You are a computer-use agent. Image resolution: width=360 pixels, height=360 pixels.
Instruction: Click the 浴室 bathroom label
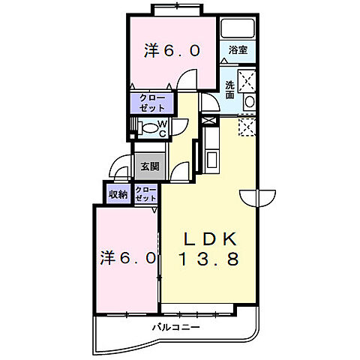[238, 50]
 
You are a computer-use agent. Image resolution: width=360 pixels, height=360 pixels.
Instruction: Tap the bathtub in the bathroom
[238, 28]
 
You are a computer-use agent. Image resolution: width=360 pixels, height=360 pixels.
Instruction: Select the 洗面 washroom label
[229, 90]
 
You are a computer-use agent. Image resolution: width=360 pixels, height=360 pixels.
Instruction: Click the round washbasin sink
[250, 102]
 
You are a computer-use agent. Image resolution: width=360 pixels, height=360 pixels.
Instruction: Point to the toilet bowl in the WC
[149, 128]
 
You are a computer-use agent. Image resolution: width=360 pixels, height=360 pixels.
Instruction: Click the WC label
[163, 129]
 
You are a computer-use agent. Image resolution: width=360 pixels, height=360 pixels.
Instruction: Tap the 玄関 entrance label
[150, 166]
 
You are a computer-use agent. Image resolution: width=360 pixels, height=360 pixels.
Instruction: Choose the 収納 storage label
[118, 194]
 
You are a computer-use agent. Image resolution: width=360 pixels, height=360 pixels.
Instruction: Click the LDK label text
[210, 239]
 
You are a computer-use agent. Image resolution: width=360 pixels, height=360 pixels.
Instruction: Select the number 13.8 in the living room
[208, 259]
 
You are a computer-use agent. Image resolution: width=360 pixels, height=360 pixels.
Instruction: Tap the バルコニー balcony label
[176, 327]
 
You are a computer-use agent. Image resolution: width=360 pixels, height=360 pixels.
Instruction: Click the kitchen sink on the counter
[212, 160]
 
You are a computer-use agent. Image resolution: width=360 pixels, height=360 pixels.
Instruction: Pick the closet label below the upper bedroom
[152, 103]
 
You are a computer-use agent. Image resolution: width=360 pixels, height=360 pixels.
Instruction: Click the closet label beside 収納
[145, 194]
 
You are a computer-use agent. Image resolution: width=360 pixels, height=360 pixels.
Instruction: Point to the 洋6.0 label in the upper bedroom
[172, 51]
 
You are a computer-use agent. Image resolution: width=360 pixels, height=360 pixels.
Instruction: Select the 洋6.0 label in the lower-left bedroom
[128, 258]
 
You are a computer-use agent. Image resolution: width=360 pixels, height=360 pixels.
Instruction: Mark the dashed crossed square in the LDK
[247, 127]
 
